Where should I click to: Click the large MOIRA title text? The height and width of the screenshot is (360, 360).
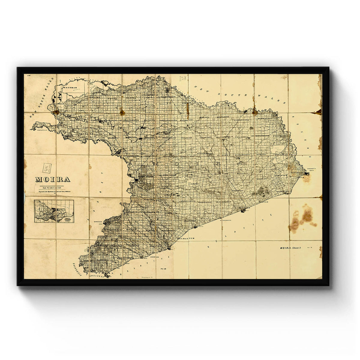[x=53, y=180]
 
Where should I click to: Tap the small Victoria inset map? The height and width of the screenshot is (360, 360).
[x=54, y=211]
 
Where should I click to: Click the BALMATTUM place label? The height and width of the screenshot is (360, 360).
[x=186, y=238]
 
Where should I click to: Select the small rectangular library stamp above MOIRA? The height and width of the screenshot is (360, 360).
[x=47, y=168]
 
